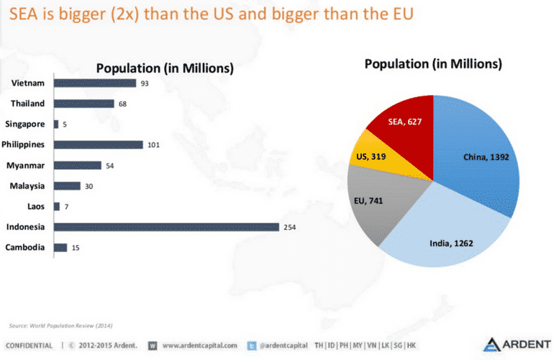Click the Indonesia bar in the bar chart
tap(165, 227)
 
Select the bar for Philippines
tap(99, 145)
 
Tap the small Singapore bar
tap(56, 124)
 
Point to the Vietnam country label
tap(28, 83)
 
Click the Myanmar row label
tap(27, 166)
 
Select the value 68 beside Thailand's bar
tap(123, 104)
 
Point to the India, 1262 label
tap(450, 243)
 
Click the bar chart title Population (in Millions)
tap(165, 68)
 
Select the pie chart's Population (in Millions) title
tap(433, 63)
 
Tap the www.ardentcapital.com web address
tap(200, 346)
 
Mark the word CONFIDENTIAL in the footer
tap(31, 346)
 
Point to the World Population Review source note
tap(61, 325)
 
